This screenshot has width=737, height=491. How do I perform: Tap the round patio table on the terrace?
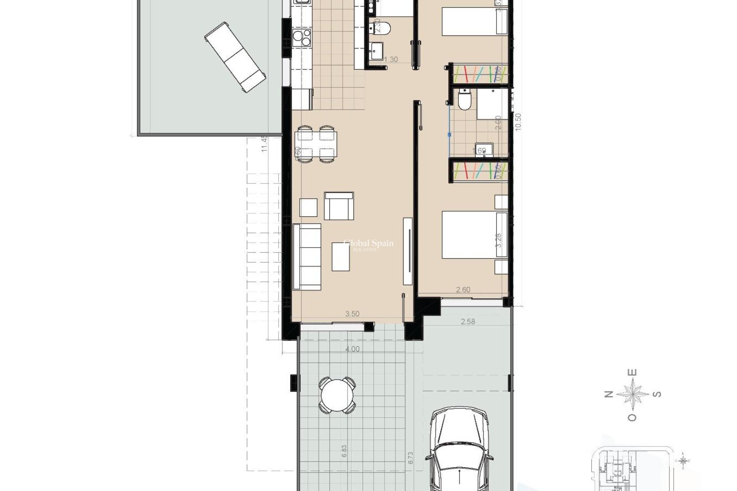pos(337,395)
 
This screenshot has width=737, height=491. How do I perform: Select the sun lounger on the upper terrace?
pos(235,57)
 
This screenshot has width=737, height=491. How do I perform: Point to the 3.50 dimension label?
pos(352,314)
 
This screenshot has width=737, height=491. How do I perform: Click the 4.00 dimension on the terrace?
pos(352,349)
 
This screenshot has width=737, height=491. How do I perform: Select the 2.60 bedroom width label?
pos(463,290)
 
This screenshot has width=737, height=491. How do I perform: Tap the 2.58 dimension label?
pos(468,321)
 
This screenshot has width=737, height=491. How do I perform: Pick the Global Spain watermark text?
pos(368,244)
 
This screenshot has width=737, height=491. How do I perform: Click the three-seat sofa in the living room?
pos(307,257)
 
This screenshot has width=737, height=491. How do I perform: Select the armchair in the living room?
pos(339,206)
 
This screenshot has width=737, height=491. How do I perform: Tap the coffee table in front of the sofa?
pos(341,256)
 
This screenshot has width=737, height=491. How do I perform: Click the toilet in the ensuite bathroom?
pos(464,100)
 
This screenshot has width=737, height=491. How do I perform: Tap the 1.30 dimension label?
pos(390,60)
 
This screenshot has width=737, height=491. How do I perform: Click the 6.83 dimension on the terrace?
pos(344,451)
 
